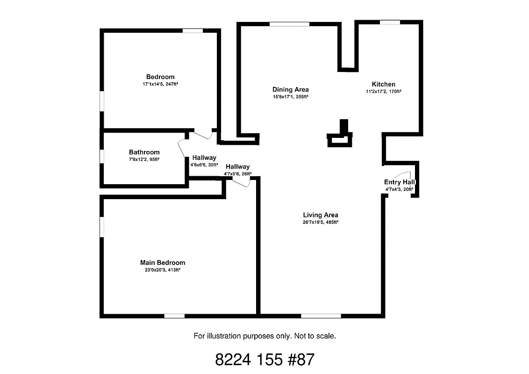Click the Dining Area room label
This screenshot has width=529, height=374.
coord(290,89)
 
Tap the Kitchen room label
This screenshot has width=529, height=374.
coord(383,84)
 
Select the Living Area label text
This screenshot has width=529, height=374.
coord(320,215)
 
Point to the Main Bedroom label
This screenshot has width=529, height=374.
coord(163,263)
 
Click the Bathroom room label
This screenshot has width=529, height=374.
coord(144,152)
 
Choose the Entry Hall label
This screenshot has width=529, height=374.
coord(400,182)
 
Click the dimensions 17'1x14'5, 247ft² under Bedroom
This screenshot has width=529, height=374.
coord(160,84)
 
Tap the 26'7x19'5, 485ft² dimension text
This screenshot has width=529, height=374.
coord(320,223)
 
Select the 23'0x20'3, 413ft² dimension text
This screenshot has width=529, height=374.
coord(163,270)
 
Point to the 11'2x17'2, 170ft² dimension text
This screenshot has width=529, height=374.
coord(383,92)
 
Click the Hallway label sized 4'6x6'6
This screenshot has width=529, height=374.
coord(204,158)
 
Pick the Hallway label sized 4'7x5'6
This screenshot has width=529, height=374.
coord(237,166)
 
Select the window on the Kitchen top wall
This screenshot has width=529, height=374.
coord(390,22)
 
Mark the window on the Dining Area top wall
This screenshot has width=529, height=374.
coord(289,24)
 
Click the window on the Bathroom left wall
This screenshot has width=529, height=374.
coord(101,156)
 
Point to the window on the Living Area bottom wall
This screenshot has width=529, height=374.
coord(321,316)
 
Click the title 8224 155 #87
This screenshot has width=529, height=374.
coord(264,360)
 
